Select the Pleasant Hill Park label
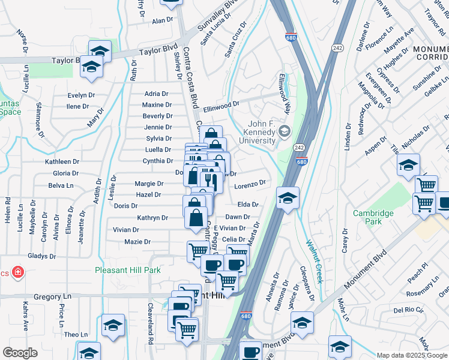pyautogui.click(x=128, y=270)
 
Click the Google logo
pyautogui.click(x=20, y=353)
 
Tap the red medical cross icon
pyautogui.click(x=18, y=273)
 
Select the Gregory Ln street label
pyautogui.click(x=52, y=296)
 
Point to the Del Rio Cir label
pyautogui.click(x=408, y=310)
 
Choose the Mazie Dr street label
pyautogui.click(x=137, y=242)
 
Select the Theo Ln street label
pyautogui.click(x=76, y=334)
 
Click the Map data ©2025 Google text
pyautogui.click(x=412, y=355)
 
